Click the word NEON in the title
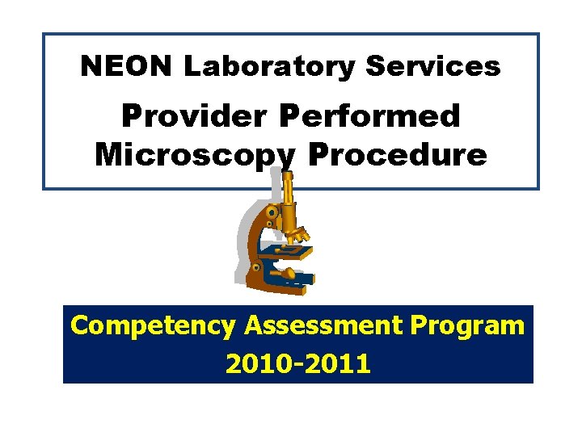(127, 66)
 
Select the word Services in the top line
(434, 66)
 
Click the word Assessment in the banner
(323, 325)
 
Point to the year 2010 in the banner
(258, 363)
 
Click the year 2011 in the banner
(338, 363)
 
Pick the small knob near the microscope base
(256, 266)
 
